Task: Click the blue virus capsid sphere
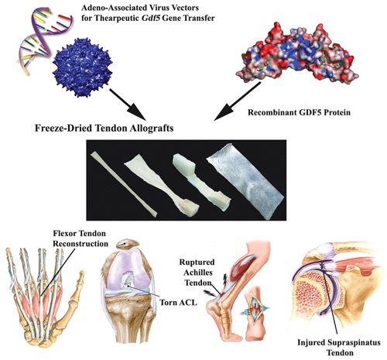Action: tap(82, 67)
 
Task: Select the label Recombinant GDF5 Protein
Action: tap(299, 112)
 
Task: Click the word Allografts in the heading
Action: tap(151, 129)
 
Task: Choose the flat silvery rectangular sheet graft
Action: tap(245, 180)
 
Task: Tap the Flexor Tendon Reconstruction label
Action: tap(80, 238)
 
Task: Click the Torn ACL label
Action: tap(178, 302)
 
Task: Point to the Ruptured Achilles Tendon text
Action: tap(197, 273)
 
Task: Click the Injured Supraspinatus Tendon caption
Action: tap(339, 348)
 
